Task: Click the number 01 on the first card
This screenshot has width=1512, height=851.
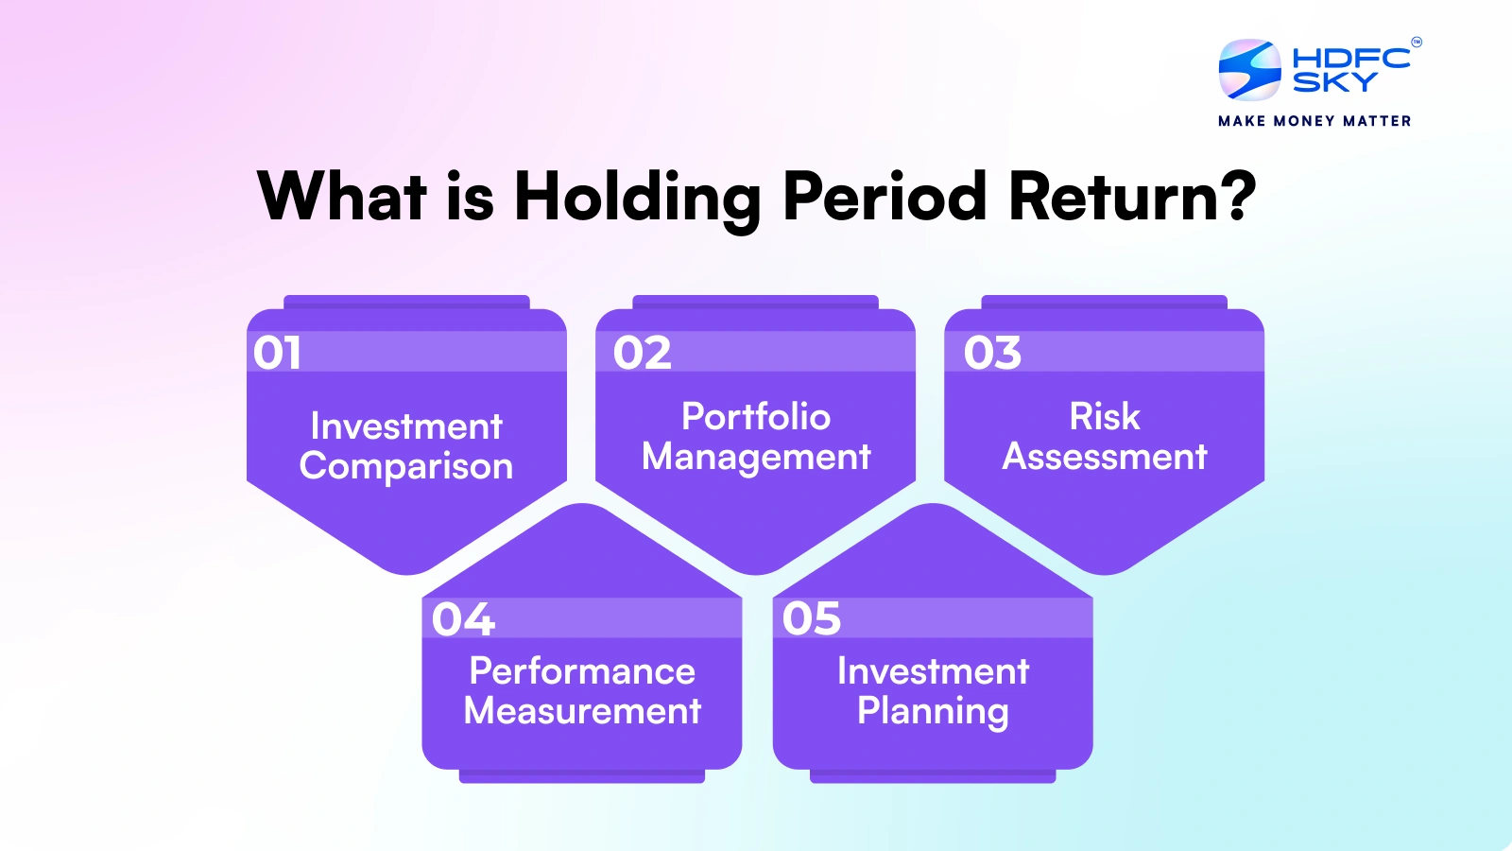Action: (277, 353)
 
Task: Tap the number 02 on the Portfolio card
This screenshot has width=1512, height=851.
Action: (642, 353)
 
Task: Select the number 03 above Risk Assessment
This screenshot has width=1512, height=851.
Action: (992, 353)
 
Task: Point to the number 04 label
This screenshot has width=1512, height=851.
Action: (463, 619)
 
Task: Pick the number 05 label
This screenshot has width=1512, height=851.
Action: (811, 618)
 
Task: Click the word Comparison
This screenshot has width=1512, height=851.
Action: (406, 466)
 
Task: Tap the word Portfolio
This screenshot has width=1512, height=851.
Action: (756, 417)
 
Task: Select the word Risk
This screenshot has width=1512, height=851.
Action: (1105, 417)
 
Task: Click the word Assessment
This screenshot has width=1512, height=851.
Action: (1105, 457)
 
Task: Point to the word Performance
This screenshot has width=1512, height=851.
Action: (582, 671)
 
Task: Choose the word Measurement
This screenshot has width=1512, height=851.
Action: (582, 711)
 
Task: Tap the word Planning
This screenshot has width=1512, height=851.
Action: (933, 711)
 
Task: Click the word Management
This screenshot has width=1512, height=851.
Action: (756, 457)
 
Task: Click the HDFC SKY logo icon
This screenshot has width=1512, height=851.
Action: (1249, 70)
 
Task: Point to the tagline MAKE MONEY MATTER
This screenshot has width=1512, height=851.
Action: (1314, 121)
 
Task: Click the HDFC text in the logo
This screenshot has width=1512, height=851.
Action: (1350, 59)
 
